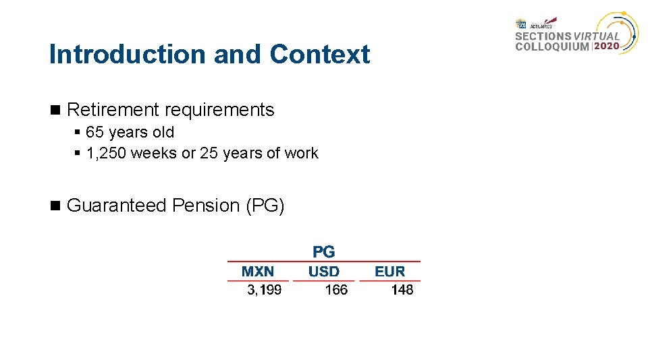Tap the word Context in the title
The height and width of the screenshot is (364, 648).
(x=319, y=55)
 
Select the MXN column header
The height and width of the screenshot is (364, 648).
(x=258, y=272)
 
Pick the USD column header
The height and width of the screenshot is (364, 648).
(x=323, y=272)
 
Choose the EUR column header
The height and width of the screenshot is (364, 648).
(x=389, y=272)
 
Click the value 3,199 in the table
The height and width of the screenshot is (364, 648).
(x=264, y=290)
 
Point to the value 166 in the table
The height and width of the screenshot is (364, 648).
(x=335, y=290)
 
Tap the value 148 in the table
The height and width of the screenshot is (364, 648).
(x=402, y=290)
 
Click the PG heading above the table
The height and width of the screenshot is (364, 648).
(x=323, y=252)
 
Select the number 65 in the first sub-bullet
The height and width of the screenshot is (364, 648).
(x=95, y=132)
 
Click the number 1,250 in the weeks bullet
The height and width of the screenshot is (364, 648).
(x=107, y=153)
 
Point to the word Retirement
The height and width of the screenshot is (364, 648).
(x=113, y=110)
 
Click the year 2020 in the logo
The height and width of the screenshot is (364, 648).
(x=605, y=47)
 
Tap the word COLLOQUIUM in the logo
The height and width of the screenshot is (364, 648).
(x=552, y=47)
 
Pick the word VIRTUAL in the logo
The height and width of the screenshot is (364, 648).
(x=597, y=36)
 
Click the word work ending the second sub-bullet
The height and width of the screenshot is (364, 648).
(x=301, y=153)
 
